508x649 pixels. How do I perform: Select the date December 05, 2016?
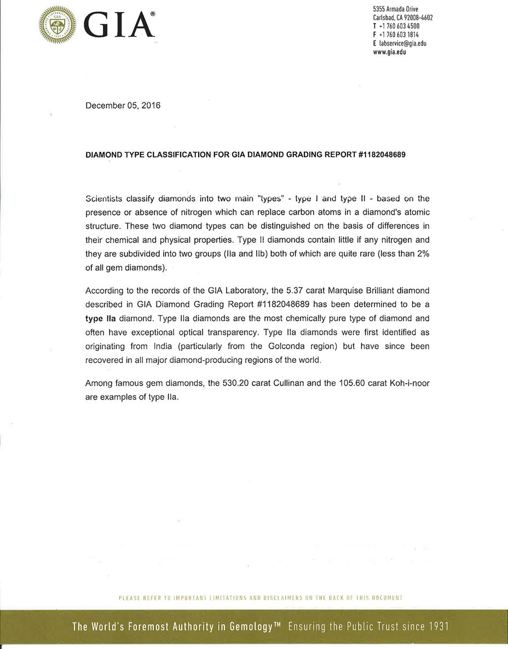click(123, 106)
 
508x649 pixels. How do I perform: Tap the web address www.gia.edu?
click(389, 52)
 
